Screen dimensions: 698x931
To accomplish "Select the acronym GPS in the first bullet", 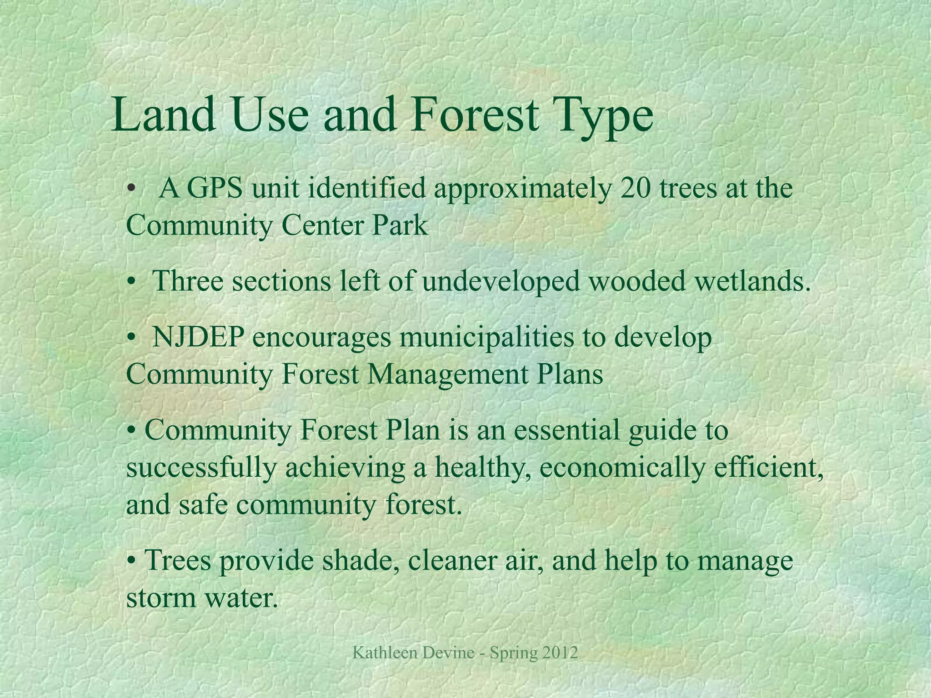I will tap(215, 188).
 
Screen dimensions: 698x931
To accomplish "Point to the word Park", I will tap(400, 225).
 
